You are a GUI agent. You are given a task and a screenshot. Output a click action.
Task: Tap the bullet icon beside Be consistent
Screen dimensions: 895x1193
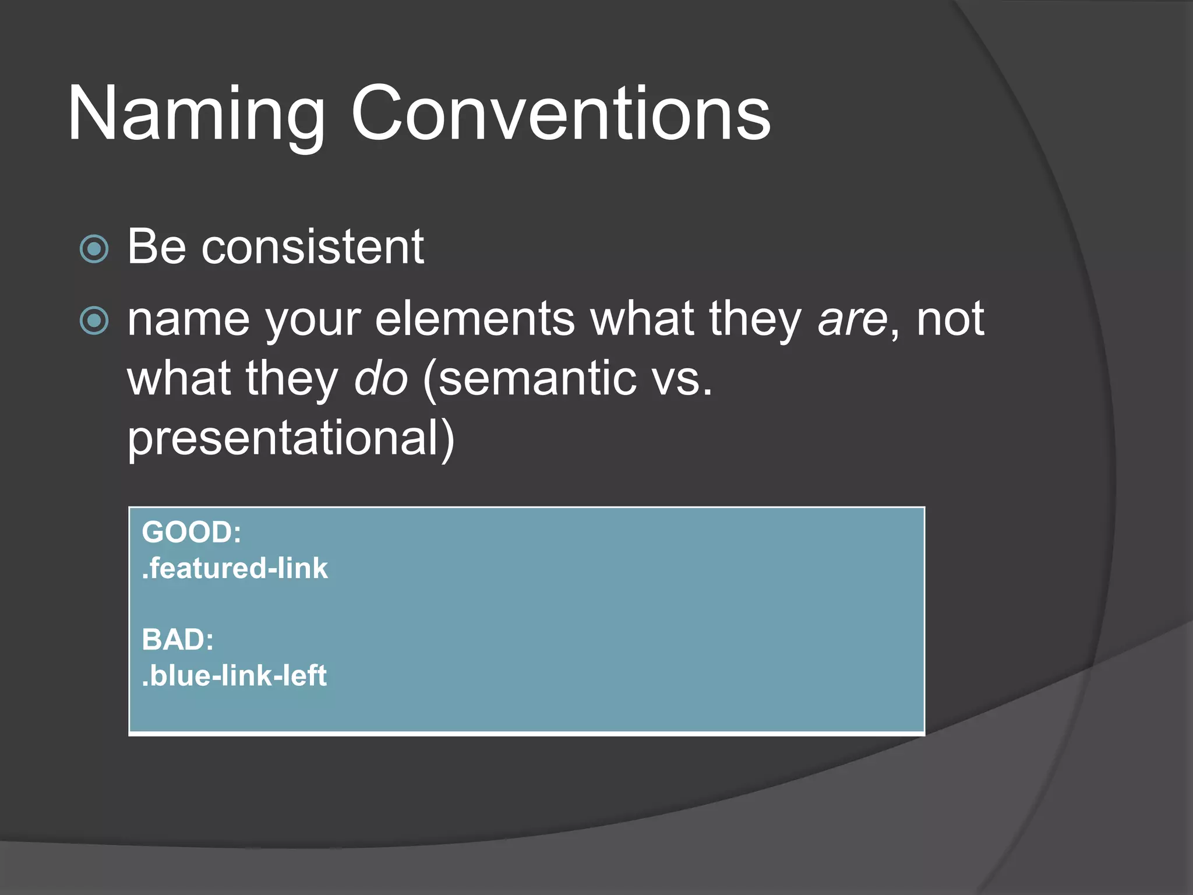pyautogui.click(x=94, y=249)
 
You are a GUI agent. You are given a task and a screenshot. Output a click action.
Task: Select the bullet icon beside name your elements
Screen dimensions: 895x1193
pyautogui.click(x=94, y=320)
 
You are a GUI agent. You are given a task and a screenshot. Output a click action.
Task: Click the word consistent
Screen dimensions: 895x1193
pyautogui.click(x=312, y=247)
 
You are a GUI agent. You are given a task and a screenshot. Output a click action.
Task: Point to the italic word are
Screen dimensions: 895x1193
pyautogui.click(x=852, y=320)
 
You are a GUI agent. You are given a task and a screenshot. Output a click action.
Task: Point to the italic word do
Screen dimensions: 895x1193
pyautogui.click(x=381, y=379)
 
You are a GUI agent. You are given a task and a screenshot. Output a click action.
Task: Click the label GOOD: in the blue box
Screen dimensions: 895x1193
pyautogui.click(x=191, y=532)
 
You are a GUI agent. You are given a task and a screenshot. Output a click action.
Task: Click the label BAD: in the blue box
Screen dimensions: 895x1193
pyautogui.click(x=178, y=639)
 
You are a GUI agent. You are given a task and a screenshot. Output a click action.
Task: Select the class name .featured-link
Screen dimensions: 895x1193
pyautogui.click(x=235, y=568)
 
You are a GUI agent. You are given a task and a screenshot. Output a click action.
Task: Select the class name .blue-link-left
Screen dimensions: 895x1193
pyautogui.click(x=234, y=675)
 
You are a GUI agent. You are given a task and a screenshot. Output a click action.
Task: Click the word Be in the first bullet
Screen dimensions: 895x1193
pyautogui.click(x=156, y=247)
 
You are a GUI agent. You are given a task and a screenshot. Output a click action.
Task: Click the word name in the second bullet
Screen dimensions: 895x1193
pyautogui.click(x=188, y=320)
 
